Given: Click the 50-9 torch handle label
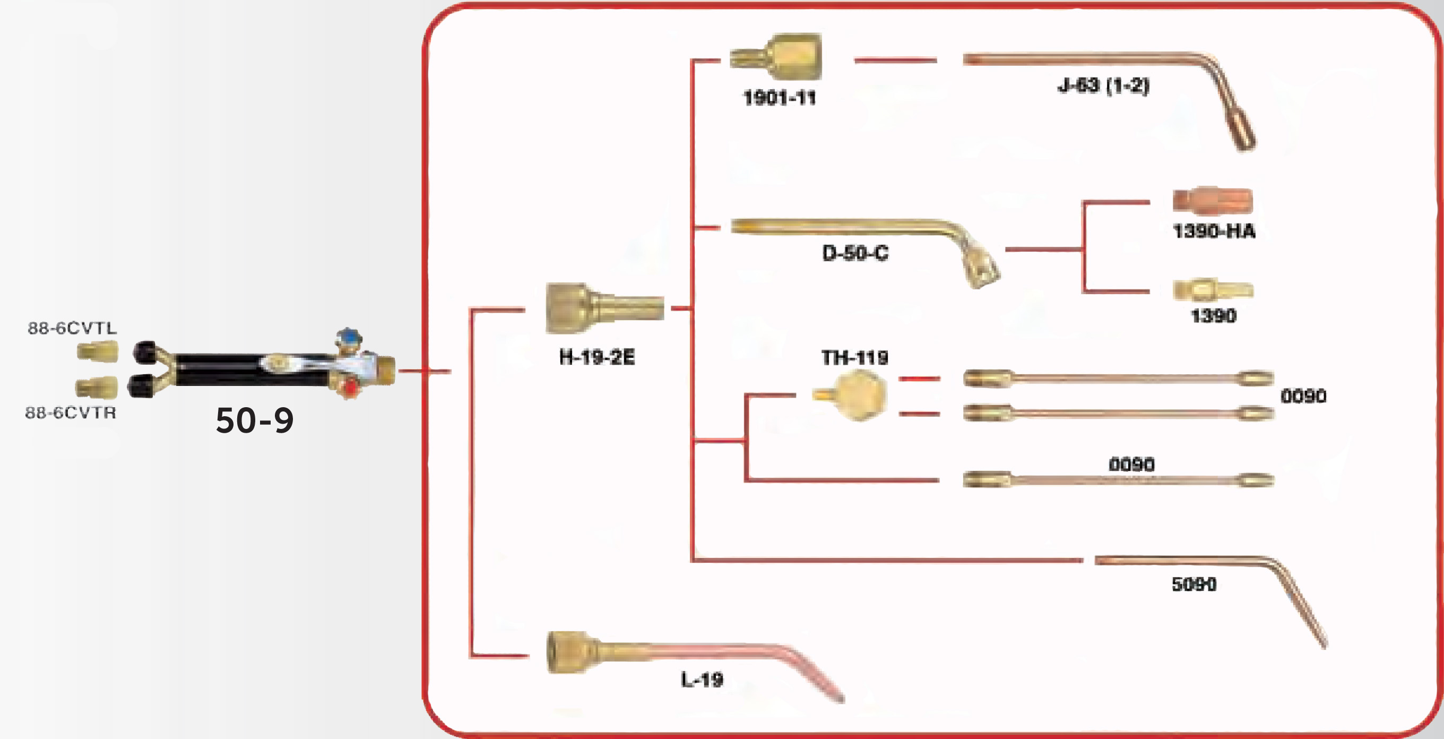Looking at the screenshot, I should [x=255, y=420].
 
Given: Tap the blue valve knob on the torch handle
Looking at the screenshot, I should [x=349, y=338].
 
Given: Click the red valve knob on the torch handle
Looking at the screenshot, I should [x=350, y=387].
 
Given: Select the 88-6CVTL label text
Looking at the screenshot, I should [x=72, y=328].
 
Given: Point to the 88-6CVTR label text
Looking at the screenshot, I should [x=71, y=413].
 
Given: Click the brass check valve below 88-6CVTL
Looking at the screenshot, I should [x=98, y=352].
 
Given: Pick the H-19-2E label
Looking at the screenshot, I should [x=597, y=357].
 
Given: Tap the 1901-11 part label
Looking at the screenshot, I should [x=779, y=98].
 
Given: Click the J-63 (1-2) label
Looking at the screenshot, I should [x=1103, y=86].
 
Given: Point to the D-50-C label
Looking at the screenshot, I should [x=855, y=253].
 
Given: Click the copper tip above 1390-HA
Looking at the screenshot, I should [x=1212, y=200].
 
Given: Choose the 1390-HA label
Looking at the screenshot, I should [x=1214, y=231].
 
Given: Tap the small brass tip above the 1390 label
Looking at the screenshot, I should [x=1213, y=290].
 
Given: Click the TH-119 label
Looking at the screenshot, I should [x=855, y=357].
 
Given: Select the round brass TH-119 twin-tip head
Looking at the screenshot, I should [x=858, y=396].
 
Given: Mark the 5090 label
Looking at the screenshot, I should [x=1194, y=585].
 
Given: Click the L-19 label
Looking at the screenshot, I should [x=702, y=680].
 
